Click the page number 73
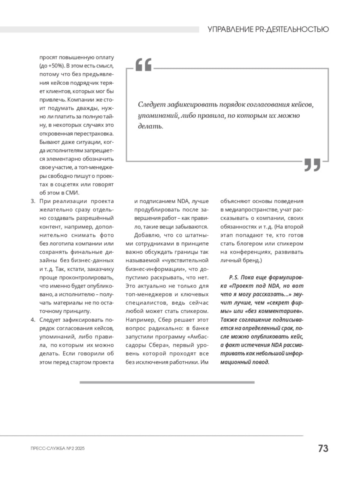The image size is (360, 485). [323, 448]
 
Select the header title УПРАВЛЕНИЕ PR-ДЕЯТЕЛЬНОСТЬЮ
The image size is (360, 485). [268, 29]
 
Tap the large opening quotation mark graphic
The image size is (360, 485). [144, 65]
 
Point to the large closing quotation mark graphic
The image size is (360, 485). [312, 165]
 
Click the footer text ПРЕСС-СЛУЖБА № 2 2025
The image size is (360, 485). [58, 449]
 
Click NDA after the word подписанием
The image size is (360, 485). [182, 201]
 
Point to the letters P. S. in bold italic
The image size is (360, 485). [234, 277]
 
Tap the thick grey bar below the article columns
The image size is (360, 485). [167, 382]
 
